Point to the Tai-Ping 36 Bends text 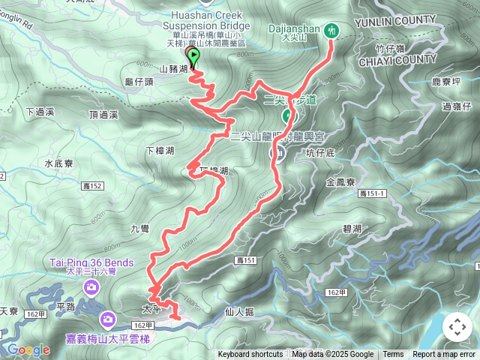point(92,262)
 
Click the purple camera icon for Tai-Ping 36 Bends point(91,286)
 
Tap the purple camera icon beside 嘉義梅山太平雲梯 point(107,320)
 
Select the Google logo point(28,349)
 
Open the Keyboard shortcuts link point(250,355)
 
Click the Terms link point(393,355)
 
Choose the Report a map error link point(444,355)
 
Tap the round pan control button point(457,327)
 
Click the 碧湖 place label point(352,228)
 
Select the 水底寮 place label point(58,162)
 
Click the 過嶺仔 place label point(456,106)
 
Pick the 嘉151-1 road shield point(372,194)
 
